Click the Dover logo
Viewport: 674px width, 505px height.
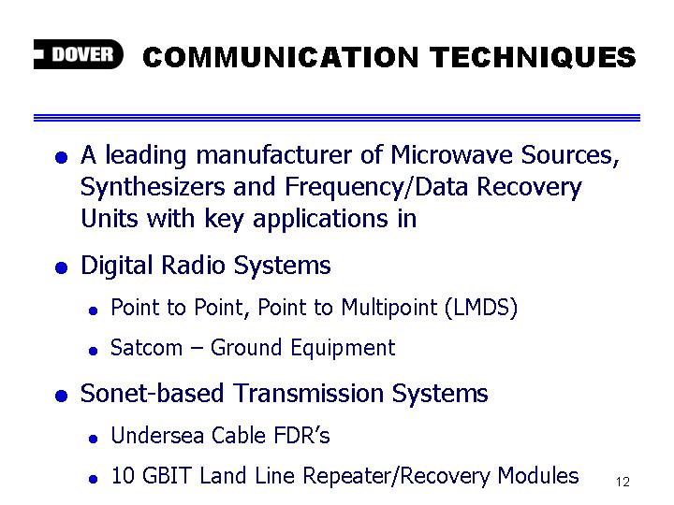pos(79,54)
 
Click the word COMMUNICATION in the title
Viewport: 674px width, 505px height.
pos(280,57)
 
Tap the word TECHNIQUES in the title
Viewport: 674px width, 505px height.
pos(533,57)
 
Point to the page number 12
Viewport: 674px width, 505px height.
pos(623,482)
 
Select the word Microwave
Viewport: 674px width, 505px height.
pos(451,154)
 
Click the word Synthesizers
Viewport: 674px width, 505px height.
pos(153,188)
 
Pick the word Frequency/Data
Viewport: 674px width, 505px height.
pos(376,188)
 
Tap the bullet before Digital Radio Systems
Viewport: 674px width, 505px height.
pos(62,267)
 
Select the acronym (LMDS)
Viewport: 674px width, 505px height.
pos(481,308)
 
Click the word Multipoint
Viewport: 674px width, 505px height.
pos(389,308)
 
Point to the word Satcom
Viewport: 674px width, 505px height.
pos(147,347)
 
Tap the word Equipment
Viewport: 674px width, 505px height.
pos(343,348)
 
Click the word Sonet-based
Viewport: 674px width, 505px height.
pos(153,394)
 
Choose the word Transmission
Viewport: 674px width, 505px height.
pos(309,394)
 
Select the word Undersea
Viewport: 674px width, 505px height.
pos(157,436)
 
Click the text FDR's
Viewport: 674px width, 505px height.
pos(301,436)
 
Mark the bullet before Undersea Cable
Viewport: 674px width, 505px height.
pos(93,439)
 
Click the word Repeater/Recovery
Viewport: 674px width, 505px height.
pos(396,476)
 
